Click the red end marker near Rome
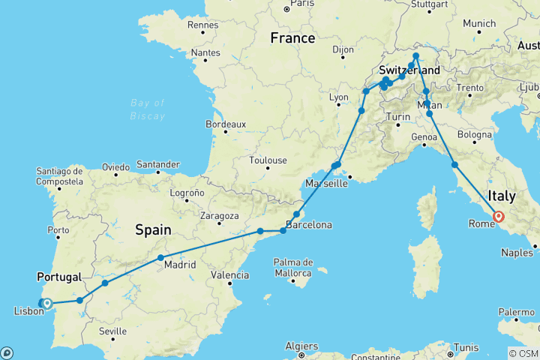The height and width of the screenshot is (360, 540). [x=499, y=217]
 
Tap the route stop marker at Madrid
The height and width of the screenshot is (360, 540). [x=161, y=258]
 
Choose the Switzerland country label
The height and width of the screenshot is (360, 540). [x=409, y=70]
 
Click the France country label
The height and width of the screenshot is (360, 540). [x=293, y=38]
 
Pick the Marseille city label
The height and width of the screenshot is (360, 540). [x=325, y=183]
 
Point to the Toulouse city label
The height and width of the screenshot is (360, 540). [x=268, y=160]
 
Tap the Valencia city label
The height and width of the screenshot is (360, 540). [x=230, y=274]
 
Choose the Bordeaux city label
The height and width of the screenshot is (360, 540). [x=226, y=124]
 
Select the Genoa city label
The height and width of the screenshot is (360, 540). [x=424, y=137]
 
